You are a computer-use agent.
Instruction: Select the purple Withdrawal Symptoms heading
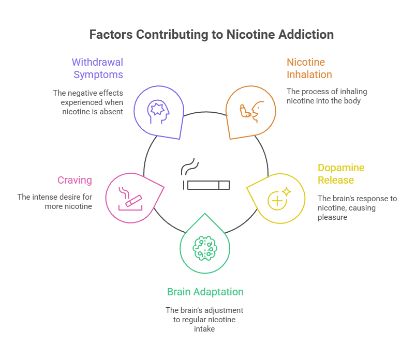(97, 68)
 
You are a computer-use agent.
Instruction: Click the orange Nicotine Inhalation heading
(309, 68)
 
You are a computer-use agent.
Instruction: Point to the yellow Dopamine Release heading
(341, 174)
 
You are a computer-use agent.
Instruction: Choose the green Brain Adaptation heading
(205, 292)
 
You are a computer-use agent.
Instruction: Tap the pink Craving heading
(74, 180)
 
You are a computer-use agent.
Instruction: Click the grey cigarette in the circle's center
(206, 185)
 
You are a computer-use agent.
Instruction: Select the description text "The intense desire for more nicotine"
(54, 201)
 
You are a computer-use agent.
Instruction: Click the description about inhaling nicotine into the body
(326, 96)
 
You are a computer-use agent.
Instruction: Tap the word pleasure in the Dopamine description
(332, 217)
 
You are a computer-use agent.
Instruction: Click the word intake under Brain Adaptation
(204, 328)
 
